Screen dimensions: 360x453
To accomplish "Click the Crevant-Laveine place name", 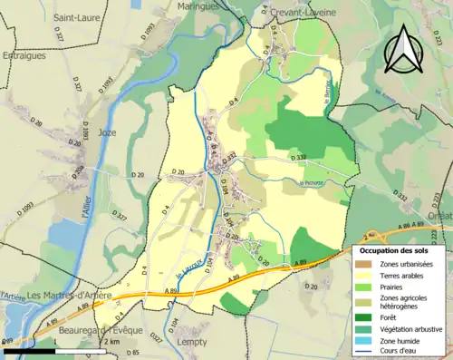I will tap(305, 13).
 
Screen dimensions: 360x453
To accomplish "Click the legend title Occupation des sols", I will tap(396, 249).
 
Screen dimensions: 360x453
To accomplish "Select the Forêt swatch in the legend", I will tap(363, 317).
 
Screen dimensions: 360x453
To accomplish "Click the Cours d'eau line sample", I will tap(363, 351).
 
